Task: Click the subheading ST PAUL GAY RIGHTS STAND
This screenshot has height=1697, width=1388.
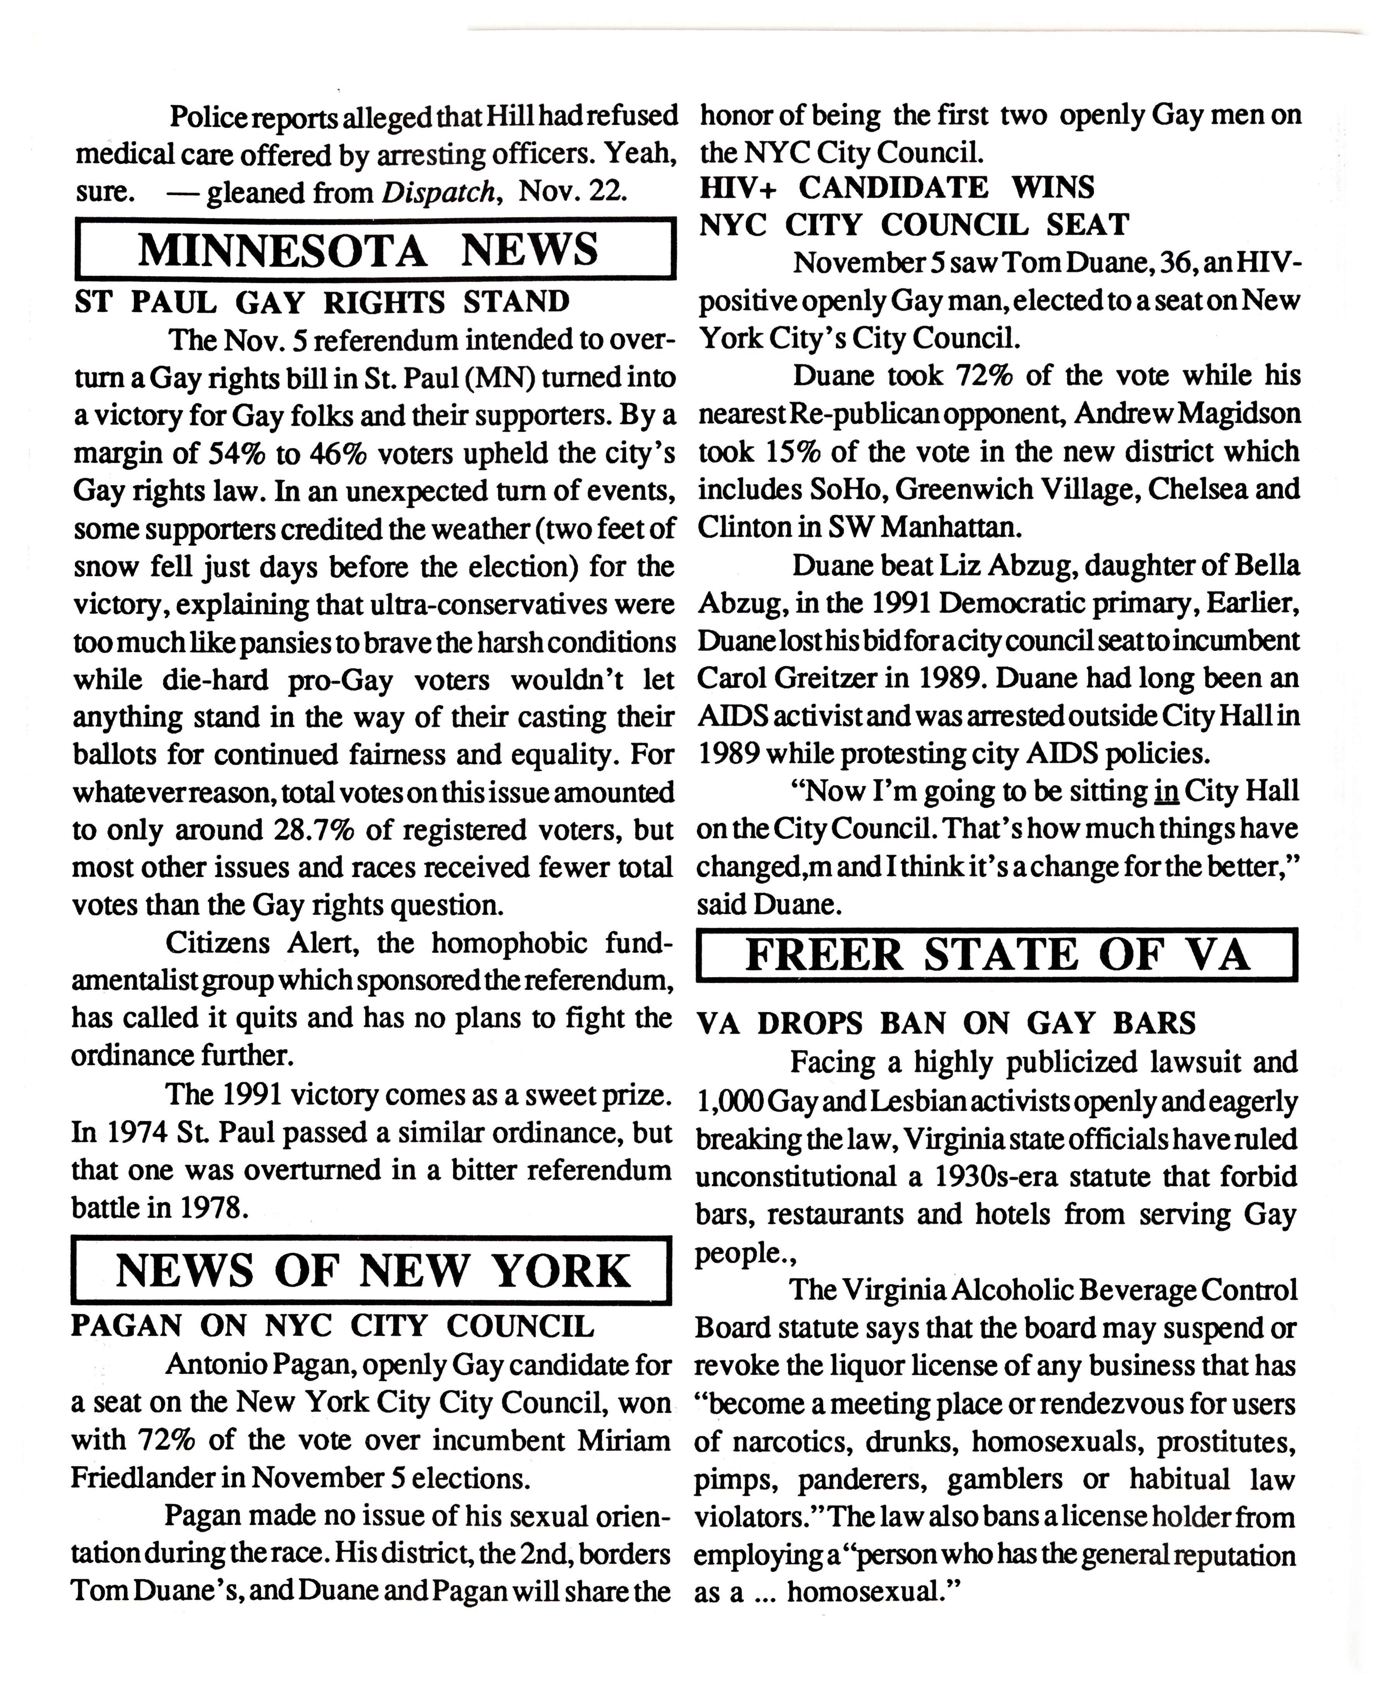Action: [x=321, y=302]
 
